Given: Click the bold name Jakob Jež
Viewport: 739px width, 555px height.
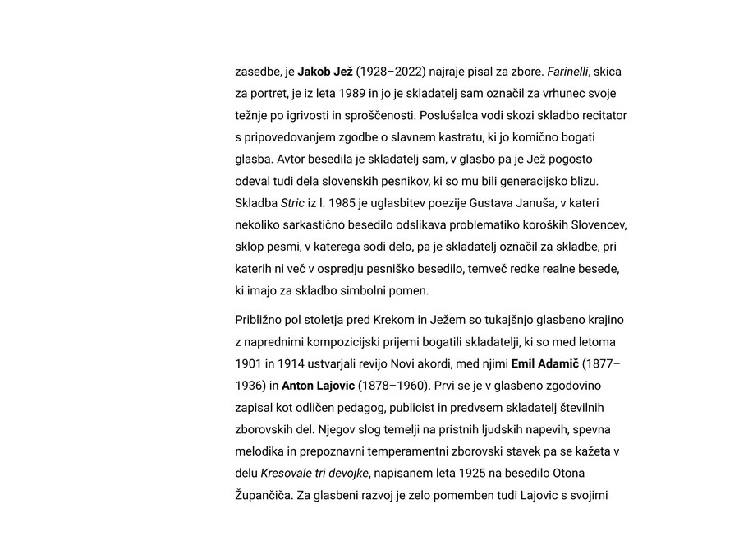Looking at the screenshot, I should tap(325, 72).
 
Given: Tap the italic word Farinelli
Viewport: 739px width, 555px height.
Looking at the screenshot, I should tap(567, 72).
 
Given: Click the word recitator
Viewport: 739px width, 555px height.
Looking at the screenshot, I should tap(599, 115).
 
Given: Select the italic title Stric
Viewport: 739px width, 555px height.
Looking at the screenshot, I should tap(292, 203).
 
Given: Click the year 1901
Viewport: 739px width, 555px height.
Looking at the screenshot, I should tap(250, 363).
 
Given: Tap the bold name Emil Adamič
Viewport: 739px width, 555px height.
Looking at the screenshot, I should tap(545, 363).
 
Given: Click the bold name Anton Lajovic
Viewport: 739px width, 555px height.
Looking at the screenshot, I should tap(318, 386).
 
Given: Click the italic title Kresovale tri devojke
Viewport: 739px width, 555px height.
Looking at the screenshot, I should tap(314, 474).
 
